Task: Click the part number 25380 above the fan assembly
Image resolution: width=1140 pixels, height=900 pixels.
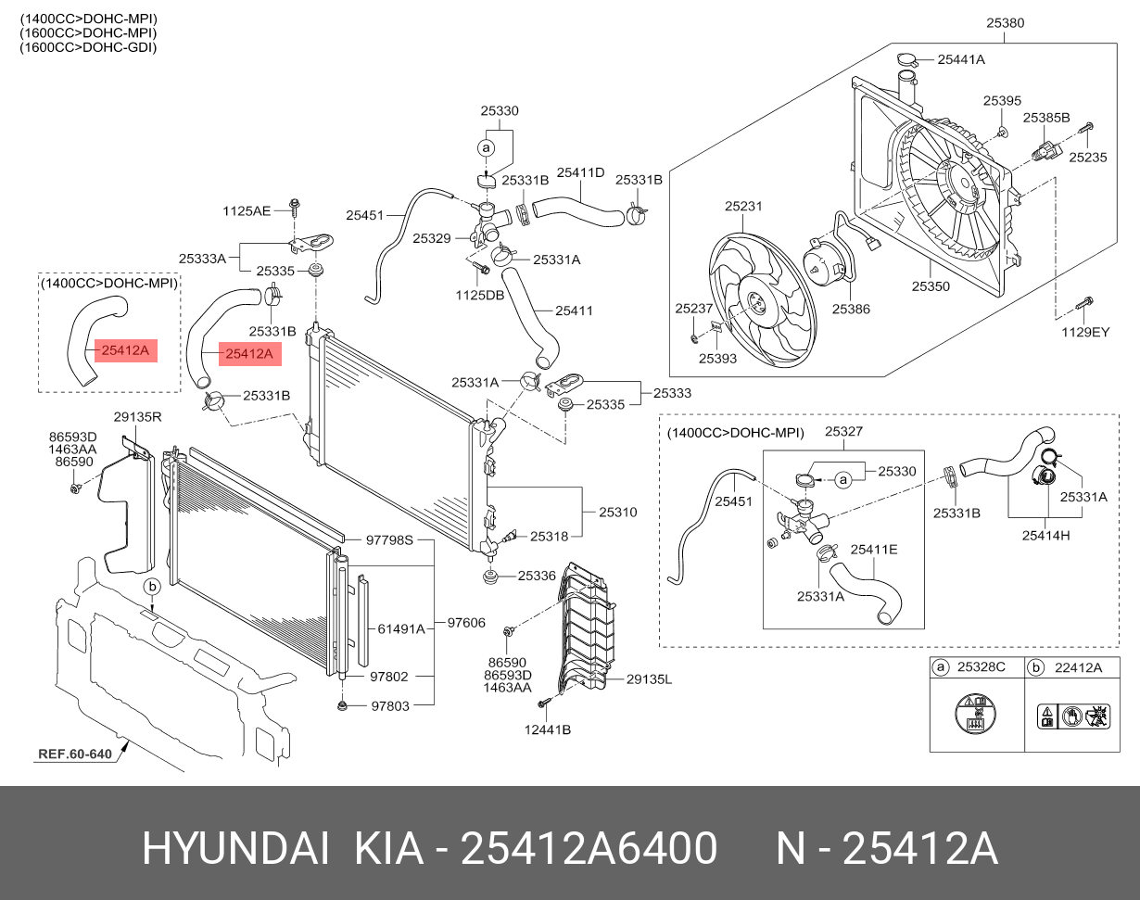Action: tap(1005, 23)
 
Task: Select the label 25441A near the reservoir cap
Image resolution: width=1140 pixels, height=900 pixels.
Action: tap(960, 59)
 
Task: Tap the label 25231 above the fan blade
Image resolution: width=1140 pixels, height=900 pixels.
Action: tap(742, 207)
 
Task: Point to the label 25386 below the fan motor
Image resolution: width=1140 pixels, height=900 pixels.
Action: tap(850, 310)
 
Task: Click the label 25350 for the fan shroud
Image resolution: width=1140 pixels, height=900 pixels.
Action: tap(931, 287)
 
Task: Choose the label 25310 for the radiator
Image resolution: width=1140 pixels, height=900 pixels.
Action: tap(617, 512)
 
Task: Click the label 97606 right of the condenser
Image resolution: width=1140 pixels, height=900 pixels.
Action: tap(466, 623)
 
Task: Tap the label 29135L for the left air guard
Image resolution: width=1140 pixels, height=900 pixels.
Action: tap(649, 679)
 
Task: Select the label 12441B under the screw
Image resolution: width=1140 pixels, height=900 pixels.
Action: tap(547, 729)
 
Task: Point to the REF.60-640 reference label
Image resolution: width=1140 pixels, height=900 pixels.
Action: tap(75, 754)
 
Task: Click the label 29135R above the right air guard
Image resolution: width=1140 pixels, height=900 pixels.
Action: tap(138, 418)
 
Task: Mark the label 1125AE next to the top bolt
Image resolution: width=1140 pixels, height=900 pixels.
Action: tap(246, 211)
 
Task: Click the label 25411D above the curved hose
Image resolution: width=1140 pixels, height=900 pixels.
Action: tap(580, 172)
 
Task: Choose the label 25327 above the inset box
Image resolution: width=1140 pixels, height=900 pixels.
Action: tap(843, 432)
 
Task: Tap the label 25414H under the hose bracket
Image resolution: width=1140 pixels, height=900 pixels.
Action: tap(1045, 535)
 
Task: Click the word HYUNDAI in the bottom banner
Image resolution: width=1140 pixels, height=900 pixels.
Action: tap(234, 849)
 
